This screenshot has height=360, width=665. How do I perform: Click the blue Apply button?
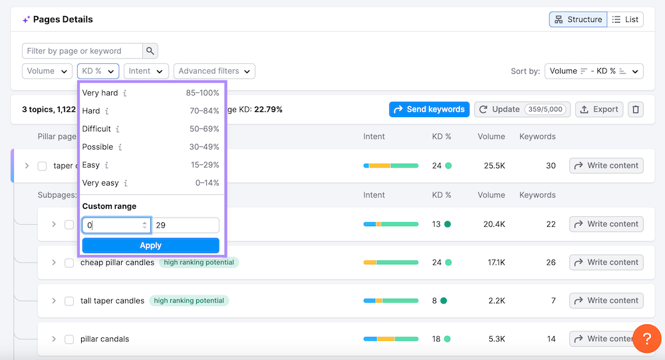150,246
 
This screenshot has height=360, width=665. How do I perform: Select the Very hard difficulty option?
100,93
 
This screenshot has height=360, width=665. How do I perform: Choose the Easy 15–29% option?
91,165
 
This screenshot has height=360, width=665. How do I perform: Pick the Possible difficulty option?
98,147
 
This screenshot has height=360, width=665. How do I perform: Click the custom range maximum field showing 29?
186,226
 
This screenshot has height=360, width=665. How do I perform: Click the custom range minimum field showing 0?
112,226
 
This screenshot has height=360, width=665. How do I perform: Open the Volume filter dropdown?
47,71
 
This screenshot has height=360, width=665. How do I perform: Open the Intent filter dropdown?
146,71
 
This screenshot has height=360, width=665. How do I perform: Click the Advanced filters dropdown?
214,71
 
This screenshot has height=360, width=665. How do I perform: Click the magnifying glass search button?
150,51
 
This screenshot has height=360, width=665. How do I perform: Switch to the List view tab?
625,19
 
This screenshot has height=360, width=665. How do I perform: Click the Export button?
599,109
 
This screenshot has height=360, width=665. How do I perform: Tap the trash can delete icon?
636,109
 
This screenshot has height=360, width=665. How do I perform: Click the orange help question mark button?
646,339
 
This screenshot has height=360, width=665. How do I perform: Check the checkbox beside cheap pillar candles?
69,263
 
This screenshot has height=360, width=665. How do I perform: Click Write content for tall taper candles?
606,301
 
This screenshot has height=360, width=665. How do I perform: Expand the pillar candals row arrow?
54,339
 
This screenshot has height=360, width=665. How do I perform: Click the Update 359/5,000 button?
521,109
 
